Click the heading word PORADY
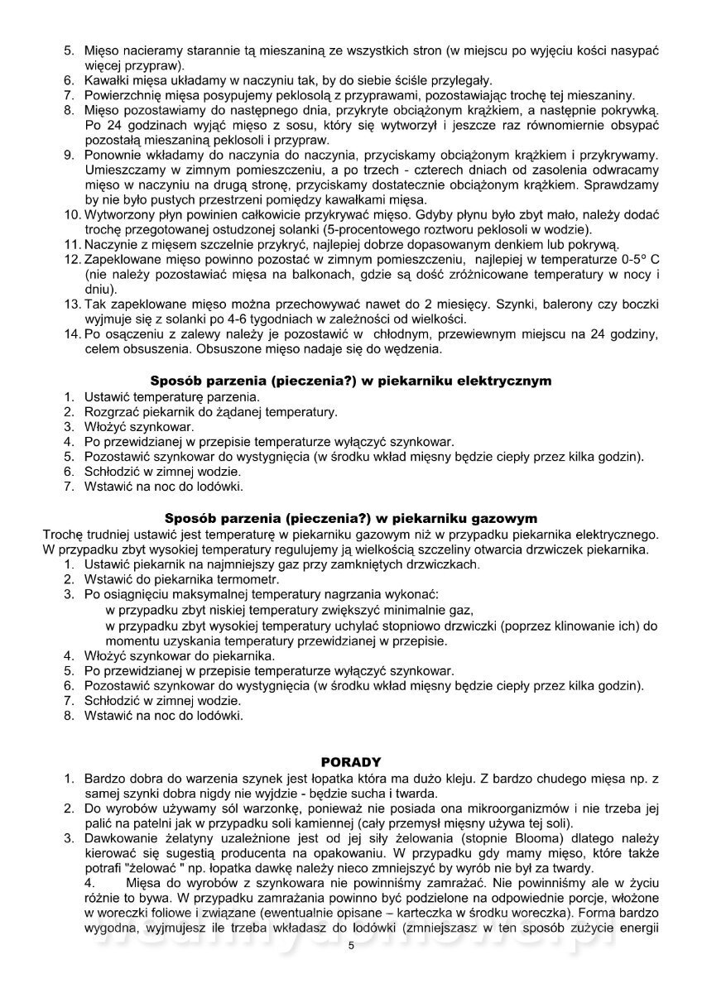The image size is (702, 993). point(350,761)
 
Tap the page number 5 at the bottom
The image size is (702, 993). point(351,968)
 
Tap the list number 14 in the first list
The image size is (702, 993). point(71,334)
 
